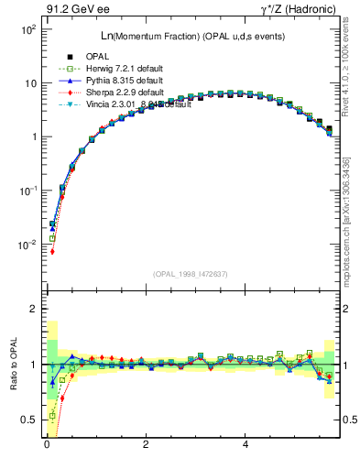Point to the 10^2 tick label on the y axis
point(27,29)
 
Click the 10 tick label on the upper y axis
point(29,83)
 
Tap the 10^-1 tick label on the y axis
point(27,191)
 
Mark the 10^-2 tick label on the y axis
point(27,245)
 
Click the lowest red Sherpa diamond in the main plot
point(52,251)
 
